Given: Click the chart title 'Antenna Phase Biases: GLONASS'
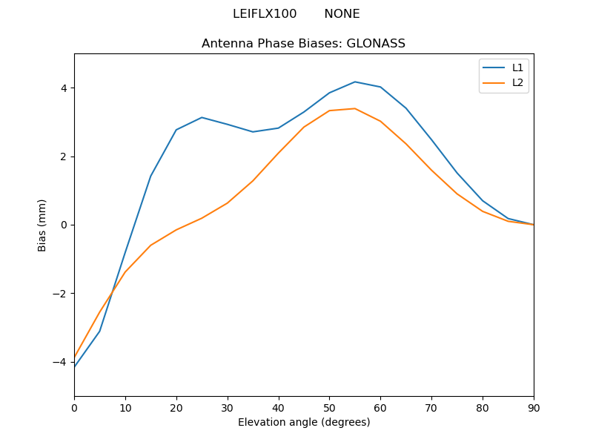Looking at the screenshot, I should tap(303, 44).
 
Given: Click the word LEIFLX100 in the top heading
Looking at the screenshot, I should tap(265, 14).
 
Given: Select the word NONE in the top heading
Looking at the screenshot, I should tap(342, 14).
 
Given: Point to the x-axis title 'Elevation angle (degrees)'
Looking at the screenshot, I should tap(304, 423).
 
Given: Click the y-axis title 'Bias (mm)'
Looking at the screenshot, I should tap(43, 225).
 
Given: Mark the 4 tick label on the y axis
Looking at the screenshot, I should tap(63, 88).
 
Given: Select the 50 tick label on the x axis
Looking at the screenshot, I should tap(329, 407).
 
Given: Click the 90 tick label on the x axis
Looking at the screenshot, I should tap(533, 407).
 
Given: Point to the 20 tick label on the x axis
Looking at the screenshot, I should tap(176, 407).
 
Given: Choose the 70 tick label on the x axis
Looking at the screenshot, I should tap(431, 407).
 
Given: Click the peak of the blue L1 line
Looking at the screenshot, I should tap(355, 82).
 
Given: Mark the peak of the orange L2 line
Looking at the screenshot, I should tap(355, 108).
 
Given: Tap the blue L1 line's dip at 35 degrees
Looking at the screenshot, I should tap(253, 132).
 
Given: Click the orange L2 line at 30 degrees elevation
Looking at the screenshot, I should tap(228, 202).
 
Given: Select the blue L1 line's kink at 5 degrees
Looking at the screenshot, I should tap(99, 331).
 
